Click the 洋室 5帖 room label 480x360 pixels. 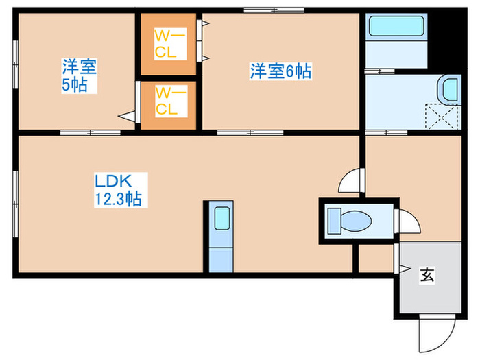(78, 75)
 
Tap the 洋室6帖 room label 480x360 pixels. (280, 71)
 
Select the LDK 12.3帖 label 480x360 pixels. (118, 190)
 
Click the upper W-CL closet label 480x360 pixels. (167, 44)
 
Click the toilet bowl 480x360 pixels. (350, 220)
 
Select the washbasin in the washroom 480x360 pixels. (448, 88)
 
